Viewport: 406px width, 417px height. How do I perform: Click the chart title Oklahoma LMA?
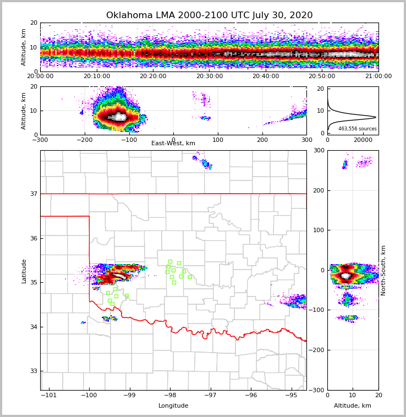[x=209, y=15]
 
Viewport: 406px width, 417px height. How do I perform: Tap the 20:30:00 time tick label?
[x=209, y=76]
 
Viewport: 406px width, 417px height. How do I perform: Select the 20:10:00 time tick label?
[x=96, y=76]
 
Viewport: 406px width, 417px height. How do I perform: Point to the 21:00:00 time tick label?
[x=378, y=76]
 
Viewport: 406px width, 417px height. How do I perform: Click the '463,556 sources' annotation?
[x=357, y=129]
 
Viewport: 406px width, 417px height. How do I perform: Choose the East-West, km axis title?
[x=173, y=144]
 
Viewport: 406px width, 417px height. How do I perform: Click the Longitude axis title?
[x=173, y=406]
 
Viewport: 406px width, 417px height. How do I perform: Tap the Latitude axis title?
[x=24, y=271]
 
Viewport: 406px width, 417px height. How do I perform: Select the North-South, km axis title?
[x=383, y=270]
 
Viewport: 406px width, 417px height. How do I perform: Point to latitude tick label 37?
[x=32, y=194]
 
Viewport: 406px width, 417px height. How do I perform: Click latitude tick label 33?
[x=32, y=371]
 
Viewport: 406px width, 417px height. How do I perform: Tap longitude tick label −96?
[x=250, y=395]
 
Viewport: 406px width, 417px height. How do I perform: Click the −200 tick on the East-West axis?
[x=84, y=139]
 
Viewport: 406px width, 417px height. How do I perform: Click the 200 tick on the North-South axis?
[x=317, y=190]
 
